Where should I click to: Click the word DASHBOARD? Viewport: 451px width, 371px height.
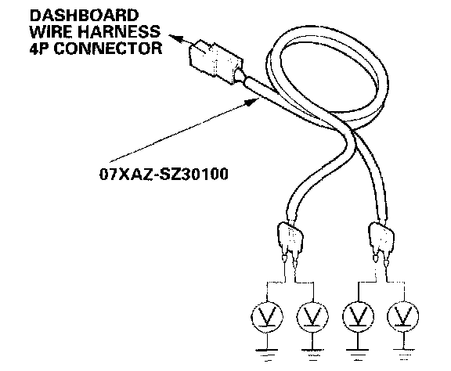click(x=84, y=16)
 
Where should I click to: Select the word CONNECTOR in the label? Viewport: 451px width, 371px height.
click(x=108, y=48)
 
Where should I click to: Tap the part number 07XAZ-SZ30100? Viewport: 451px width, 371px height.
click(x=164, y=174)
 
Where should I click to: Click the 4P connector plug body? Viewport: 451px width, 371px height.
click(x=215, y=62)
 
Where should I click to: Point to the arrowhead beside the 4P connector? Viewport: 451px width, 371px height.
click(x=176, y=38)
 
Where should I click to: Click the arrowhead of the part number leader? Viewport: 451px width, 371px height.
click(x=251, y=102)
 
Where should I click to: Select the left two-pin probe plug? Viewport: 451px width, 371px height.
click(x=290, y=241)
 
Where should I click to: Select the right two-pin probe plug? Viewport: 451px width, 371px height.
click(x=381, y=240)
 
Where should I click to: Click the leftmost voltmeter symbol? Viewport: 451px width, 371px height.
click(x=267, y=317)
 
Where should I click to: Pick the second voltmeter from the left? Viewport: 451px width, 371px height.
click(x=312, y=317)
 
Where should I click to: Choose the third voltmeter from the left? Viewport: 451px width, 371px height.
click(x=358, y=316)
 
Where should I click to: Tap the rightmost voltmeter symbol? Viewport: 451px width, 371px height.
click(x=403, y=316)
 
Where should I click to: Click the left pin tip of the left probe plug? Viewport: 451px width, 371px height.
click(x=284, y=259)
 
